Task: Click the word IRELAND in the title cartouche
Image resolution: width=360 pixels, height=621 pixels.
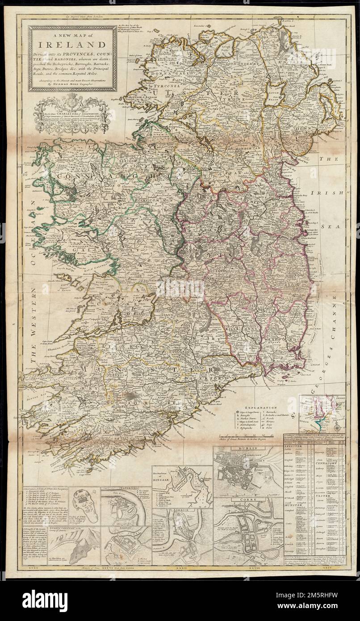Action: [72, 44]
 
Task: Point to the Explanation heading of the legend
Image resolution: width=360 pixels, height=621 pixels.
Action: [258, 407]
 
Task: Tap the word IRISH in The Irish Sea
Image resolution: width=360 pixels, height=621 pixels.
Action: [331, 192]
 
